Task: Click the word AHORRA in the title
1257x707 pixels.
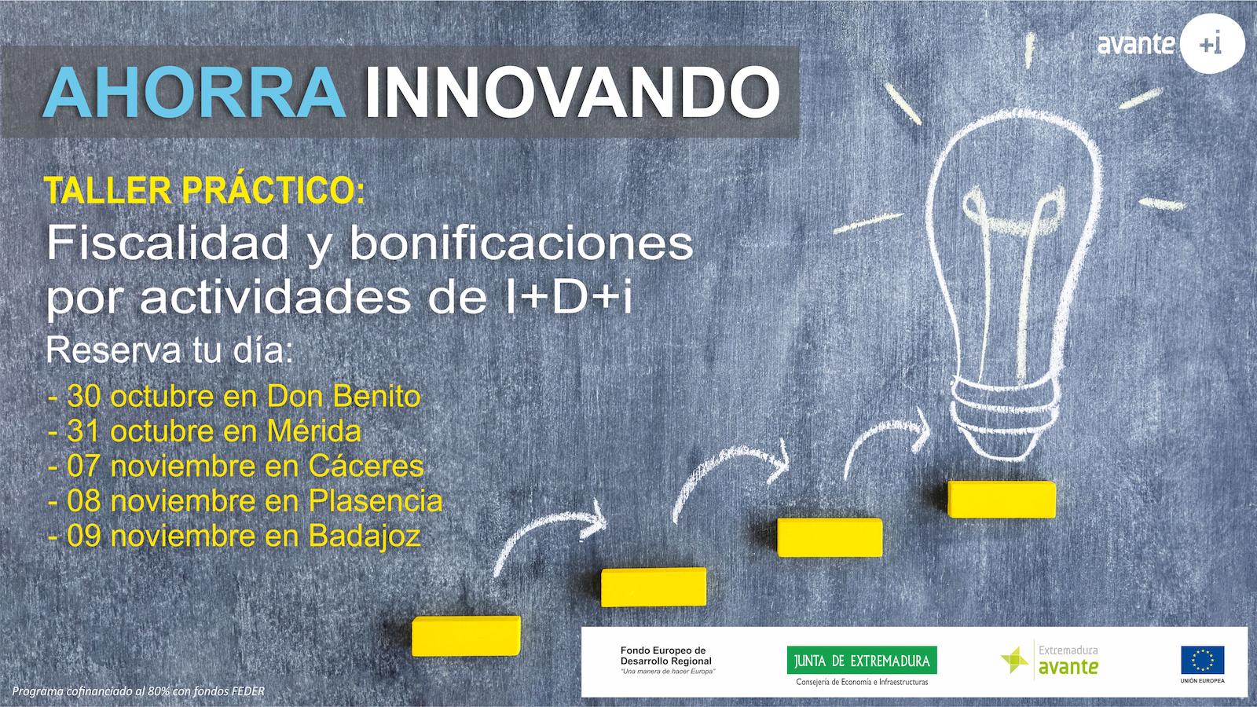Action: pos(194,93)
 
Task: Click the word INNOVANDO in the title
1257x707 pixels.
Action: pos(573,93)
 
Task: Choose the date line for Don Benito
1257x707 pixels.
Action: pos(235,397)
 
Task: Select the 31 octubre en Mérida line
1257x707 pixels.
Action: pos(205,431)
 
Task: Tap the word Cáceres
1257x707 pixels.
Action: pos(366,467)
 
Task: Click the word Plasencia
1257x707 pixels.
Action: pos(376,501)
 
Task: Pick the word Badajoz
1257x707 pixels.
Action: pos(365,537)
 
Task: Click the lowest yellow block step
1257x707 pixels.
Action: pos(466,636)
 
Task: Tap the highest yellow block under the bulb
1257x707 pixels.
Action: pos(1002,499)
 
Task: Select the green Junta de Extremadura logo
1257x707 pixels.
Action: pos(862,661)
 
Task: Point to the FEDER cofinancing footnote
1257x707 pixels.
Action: pos(138,691)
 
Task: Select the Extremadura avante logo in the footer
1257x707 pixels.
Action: pos(1050,660)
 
